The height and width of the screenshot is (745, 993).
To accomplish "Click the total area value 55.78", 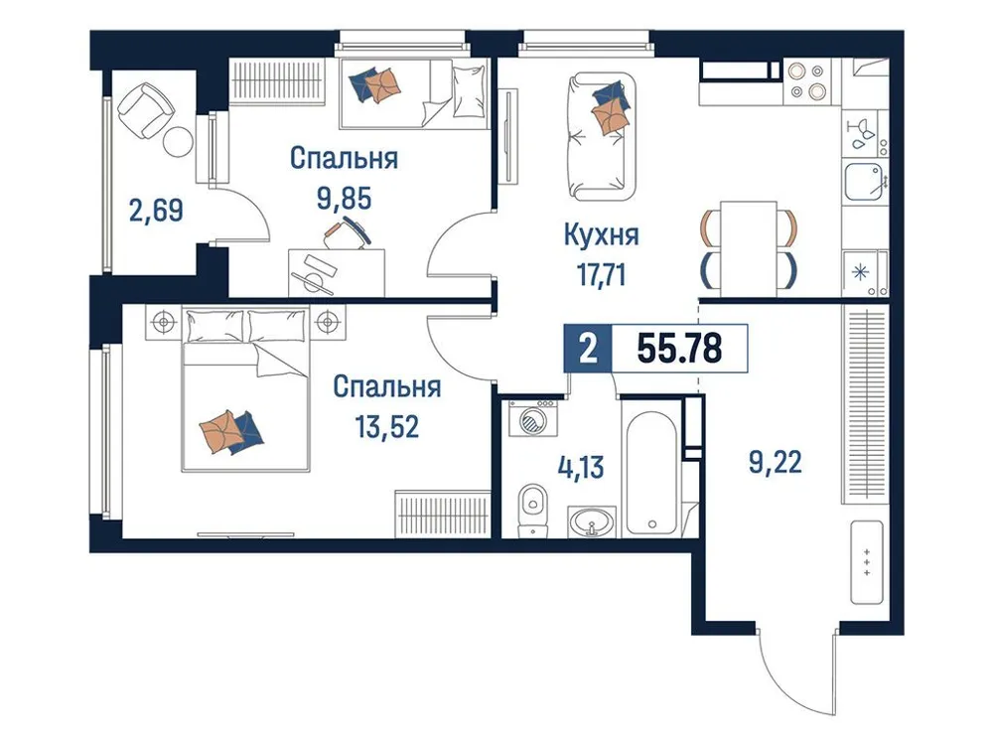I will [x=679, y=349].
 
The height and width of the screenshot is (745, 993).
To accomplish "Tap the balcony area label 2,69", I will [x=156, y=211].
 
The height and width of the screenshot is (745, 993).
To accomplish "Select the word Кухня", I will [x=600, y=236].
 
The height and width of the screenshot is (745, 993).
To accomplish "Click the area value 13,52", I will [x=386, y=426].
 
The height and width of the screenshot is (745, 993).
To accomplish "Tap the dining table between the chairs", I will [x=747, y=243].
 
